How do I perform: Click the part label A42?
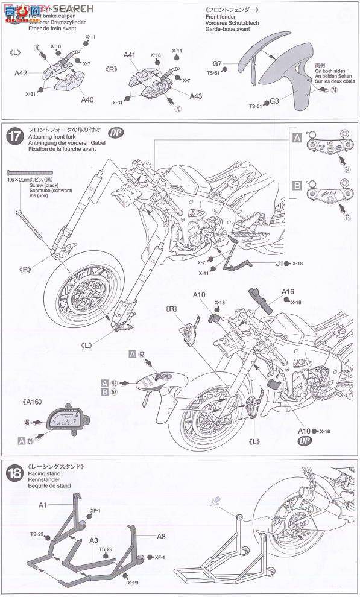pos(21,74)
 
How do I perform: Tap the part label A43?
pos(196,96)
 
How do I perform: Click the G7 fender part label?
pos(218,63)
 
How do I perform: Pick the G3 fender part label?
pos(274,101)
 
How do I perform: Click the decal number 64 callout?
pos(347,169)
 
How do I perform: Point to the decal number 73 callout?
pos(347,218)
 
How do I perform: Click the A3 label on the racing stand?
pos(94,541)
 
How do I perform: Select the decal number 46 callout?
pos(27,423)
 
